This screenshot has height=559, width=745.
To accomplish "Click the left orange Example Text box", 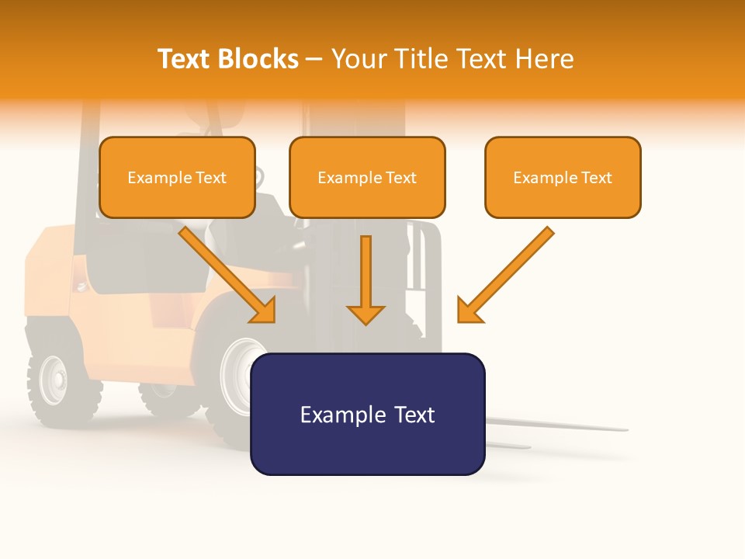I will coord(177,177).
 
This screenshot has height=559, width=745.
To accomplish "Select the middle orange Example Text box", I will coord(367,177).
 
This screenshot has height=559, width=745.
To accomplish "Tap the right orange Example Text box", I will coord(563,177).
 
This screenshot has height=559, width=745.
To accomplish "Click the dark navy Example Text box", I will coord(367,414).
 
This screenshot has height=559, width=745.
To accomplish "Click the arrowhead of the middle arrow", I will coord(366,314).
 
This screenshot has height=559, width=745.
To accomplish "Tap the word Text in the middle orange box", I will coord(400,178).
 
